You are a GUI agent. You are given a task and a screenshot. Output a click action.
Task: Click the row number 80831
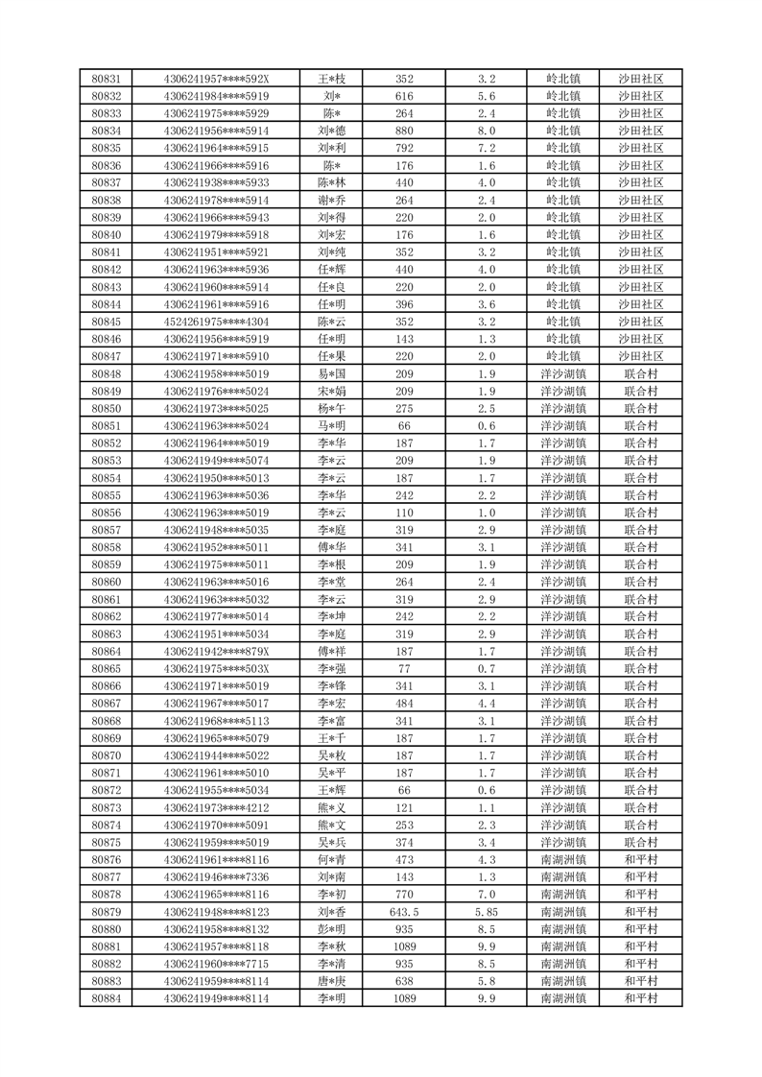pyautogui.click(x=106, y=79)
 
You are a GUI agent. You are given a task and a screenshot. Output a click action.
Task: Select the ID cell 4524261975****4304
pyautogui.click(x=217, y=322)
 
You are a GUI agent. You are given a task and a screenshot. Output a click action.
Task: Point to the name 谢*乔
pyautogui.click(x=332, y=200)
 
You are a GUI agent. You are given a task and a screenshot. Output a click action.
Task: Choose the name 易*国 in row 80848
pyautogui.click(x=332, y=373)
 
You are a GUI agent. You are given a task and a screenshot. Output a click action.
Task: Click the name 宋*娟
pyautogui.click(x=332, y=391)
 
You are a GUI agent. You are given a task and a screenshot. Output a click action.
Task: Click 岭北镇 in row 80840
pyautogui.click(x=563, y=235)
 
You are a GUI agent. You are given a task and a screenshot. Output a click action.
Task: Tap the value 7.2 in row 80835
pyautogui.click(x=487, y=148)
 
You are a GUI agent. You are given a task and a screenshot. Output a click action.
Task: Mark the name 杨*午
pyautogui.click(x=332, y=408)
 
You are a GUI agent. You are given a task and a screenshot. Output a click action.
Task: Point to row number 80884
pyautogui.click(x=106, y=998)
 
